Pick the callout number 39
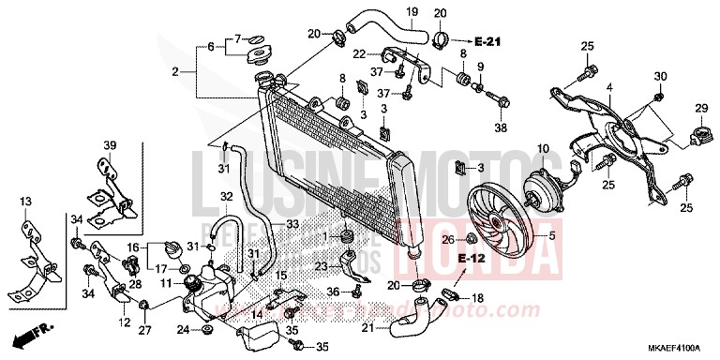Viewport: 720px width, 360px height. (109, 146)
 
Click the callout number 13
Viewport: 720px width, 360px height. (24, 201)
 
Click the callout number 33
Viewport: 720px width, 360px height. (292, 224)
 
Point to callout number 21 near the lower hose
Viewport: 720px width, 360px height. (367, 327)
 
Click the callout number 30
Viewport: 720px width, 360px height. (660, 76)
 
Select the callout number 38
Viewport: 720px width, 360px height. (500, 128)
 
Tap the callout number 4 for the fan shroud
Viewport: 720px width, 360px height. (608, 87)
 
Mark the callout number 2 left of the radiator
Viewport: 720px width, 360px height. (175, 71)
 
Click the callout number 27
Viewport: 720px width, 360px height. (144, 330)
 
